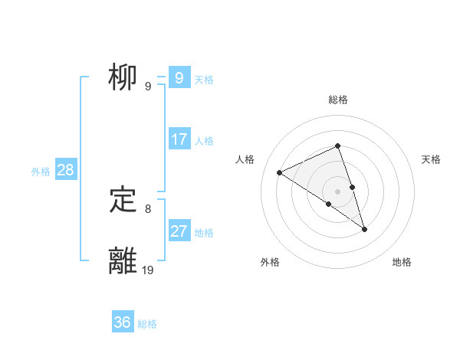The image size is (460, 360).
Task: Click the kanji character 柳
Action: click(123, 79)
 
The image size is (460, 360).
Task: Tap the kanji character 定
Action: click(123, 201)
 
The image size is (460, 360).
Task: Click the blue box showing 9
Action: click(179, 78)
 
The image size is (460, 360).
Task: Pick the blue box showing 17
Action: click(179, 139)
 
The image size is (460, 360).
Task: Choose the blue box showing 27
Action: click(179, 231)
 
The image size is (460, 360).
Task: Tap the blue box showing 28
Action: click(65, 170)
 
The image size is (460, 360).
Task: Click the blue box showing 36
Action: click(122, 322)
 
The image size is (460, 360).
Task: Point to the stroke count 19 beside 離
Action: click(148, 270)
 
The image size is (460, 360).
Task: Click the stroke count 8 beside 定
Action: click(148, 208)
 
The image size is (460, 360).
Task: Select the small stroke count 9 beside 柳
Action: click(148, 87)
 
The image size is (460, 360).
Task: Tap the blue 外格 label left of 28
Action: click(41, 172)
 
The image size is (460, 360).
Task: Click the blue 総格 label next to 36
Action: click(147, 324)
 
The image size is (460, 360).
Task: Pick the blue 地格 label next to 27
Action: click(204, 233)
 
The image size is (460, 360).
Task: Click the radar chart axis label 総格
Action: click(338, 100)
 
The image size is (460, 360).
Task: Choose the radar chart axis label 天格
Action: click(431, 159)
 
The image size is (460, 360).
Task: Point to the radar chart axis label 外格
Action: click(270, 263)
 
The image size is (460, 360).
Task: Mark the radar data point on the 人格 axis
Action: click(280, 172)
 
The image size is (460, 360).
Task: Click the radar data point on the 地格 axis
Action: click(365, 229)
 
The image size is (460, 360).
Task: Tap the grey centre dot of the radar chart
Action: click(338, 191)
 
